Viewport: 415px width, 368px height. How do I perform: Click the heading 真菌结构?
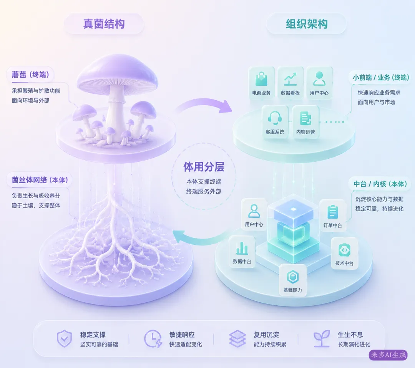click(104, 24)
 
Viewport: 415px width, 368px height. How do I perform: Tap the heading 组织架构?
click(307, 24)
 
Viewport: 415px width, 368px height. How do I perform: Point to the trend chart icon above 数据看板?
click(290, 79)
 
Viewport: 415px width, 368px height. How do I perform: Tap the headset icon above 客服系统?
click(275, 118)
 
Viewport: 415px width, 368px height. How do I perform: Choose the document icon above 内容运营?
click(305, 118)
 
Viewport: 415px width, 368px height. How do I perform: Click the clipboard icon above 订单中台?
click(333, 212)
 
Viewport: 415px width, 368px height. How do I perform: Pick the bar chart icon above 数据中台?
click(242, 248)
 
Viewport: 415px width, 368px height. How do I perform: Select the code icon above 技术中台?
click(344, 250)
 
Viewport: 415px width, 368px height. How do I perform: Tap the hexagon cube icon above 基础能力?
click(293, 277)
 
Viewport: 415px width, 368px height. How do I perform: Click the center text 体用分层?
click(204, 167)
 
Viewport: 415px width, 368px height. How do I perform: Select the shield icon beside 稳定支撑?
click(64, 338)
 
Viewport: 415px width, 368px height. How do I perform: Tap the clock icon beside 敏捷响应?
click(153, 338)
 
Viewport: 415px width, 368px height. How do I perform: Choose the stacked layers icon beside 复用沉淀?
click(237, 338)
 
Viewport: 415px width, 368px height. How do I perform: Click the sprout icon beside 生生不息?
click(322, 338)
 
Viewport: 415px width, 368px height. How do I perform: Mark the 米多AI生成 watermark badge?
click(388, 355)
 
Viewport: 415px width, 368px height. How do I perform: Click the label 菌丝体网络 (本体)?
click(40, 180)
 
